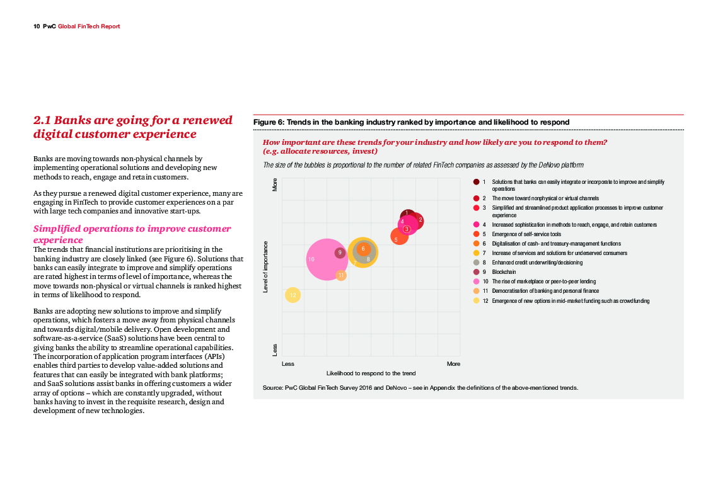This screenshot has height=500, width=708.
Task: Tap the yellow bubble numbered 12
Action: coord(293,295)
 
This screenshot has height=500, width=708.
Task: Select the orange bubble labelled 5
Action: coord(398,237)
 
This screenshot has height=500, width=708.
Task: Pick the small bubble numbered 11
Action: coord(341,275)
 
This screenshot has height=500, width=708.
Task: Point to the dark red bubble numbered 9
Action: coord(340,253)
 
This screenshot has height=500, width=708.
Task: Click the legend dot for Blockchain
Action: coord(476,272)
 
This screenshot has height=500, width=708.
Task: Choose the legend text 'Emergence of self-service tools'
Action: coord(526,234)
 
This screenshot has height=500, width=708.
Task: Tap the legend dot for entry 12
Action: coord(476,301)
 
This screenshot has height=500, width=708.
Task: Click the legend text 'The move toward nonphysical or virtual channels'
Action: coord(545,198)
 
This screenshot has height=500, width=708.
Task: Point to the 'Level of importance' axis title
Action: coord(265,266)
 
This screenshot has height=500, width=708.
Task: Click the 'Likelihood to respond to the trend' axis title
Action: coord(371,373)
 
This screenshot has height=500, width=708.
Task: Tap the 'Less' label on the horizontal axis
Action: coord(288,364)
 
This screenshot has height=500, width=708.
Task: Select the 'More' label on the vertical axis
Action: coord(275,184)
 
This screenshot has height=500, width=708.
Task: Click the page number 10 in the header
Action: coord(37,26)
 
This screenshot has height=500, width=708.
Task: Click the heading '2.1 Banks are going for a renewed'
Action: coord(132,120)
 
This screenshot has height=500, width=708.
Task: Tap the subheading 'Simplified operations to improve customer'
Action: coord(132,229)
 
